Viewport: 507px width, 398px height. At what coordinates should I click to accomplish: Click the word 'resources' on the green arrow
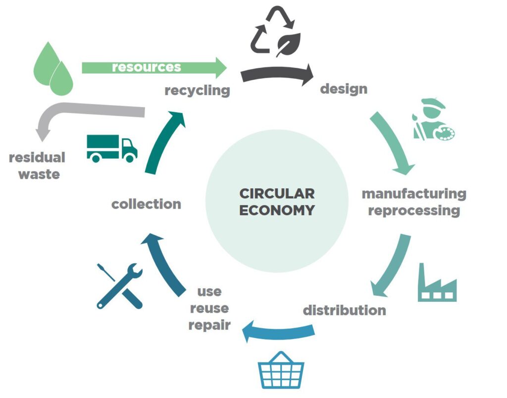[146, 67]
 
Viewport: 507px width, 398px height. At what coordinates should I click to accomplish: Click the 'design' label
[344, 89]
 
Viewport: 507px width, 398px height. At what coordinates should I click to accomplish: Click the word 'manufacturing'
[414, 193]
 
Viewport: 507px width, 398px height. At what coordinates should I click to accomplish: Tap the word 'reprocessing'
[414, 210]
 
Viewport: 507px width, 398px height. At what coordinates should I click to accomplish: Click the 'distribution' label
[344, 311]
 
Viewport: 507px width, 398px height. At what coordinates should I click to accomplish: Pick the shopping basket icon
[281, 370]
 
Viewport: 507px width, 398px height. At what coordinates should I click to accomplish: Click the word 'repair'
[209, 326]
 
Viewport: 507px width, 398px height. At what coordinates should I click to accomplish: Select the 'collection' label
[146, 204]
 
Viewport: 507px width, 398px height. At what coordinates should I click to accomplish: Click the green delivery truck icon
[112, 148]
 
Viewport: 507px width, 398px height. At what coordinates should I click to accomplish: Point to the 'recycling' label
[197, 91]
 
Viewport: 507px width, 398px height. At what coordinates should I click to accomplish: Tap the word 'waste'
[39, 174]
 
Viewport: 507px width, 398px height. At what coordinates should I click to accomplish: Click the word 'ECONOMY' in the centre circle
[277, 210]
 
